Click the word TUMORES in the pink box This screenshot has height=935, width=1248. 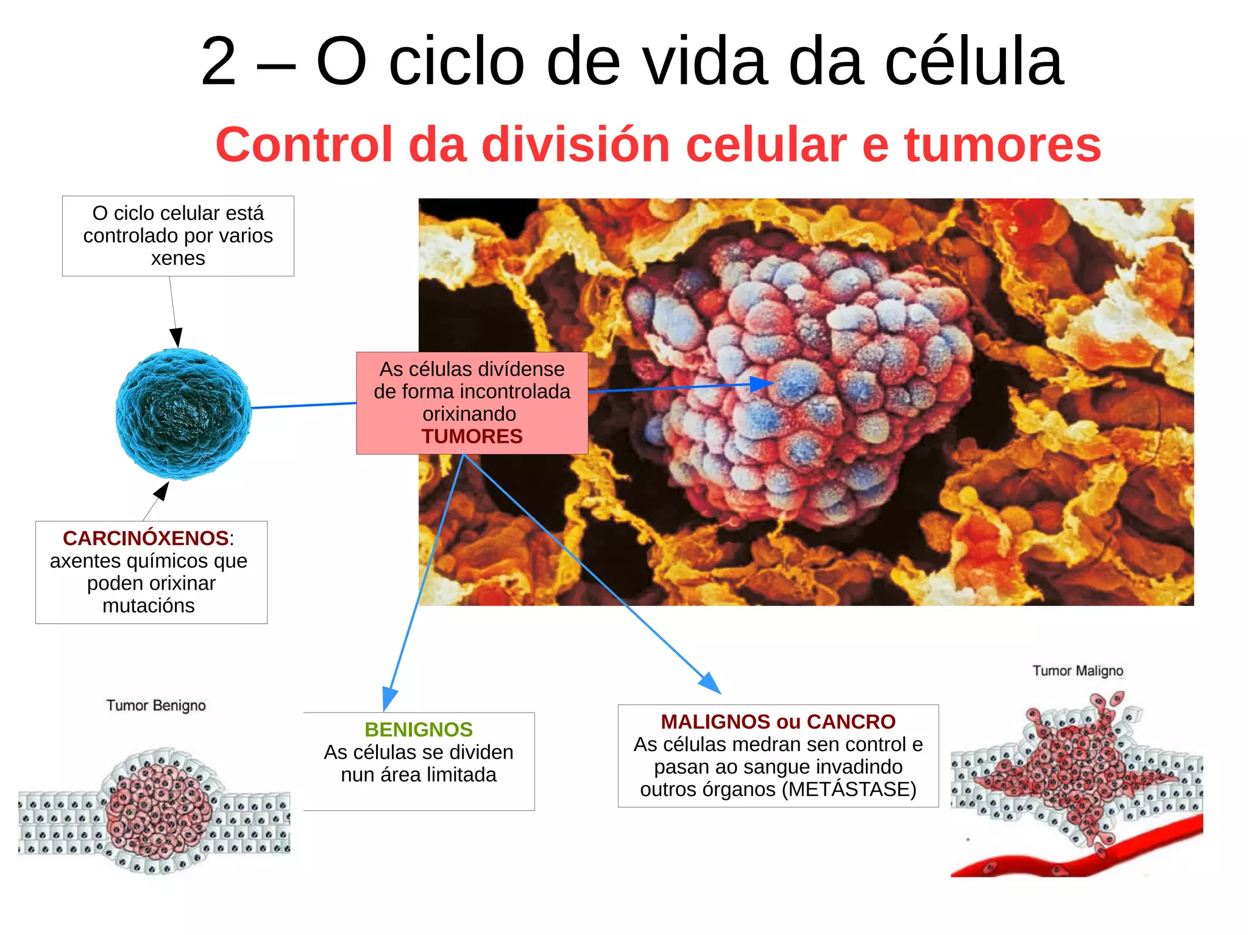(472, 436)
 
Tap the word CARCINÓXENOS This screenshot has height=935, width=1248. (146, 538)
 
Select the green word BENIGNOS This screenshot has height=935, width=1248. (419, 729)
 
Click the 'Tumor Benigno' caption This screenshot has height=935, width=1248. (156, 705)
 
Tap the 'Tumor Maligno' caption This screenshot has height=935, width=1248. (1077, 671)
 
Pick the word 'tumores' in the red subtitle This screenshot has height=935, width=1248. (1002, 145)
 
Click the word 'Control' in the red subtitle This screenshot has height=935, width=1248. (304, 145)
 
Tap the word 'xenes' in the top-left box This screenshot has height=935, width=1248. (178, 258)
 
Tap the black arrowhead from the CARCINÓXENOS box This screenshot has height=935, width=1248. (162, 490)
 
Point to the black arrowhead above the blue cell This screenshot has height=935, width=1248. (176, 337)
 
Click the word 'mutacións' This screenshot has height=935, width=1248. (149, 605)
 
